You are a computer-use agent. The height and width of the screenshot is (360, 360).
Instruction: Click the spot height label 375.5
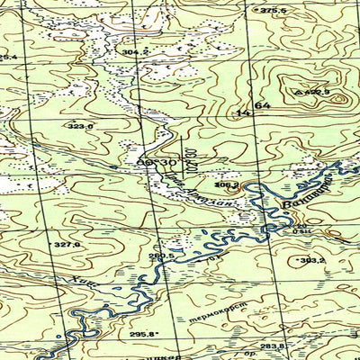[272, 10]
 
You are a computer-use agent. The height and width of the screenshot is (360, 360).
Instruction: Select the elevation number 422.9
[315, 92]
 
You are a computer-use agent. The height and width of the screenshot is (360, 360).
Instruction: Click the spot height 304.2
[134, 53]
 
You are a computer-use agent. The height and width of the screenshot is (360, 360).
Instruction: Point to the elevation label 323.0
[80, 127]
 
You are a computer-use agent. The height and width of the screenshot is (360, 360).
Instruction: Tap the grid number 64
[262, 106]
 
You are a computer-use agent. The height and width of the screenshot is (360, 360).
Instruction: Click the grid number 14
[241, 113]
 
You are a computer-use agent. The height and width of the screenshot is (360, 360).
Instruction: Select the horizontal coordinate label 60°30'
[157, 161]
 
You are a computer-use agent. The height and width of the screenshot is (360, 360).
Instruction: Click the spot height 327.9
[67, 244]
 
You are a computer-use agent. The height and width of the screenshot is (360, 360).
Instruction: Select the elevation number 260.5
[162, 256]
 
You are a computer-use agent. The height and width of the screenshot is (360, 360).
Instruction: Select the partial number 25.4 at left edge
[8, 58]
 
